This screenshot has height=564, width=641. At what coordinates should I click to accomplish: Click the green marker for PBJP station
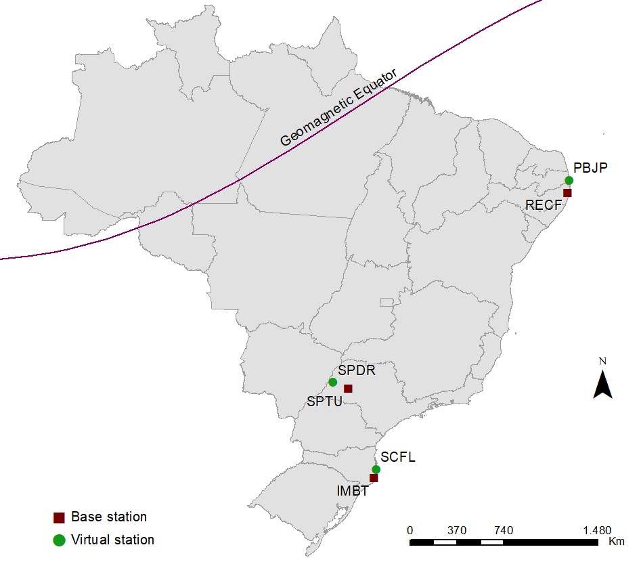click(569, 180)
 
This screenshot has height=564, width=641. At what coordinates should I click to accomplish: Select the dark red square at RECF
click(567, 193)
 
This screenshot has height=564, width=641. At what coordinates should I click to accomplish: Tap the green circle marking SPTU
click(332, 382)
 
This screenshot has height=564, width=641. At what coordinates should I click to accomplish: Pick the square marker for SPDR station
click(348, 389)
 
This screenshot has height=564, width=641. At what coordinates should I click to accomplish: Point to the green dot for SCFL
click(376, 469)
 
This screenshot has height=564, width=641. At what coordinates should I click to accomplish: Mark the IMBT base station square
click(373, 478)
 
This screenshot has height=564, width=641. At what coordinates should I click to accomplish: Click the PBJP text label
click(590, 167)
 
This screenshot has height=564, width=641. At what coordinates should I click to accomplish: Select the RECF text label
click(543, 205)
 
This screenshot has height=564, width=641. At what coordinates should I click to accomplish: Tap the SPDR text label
click(357, 370)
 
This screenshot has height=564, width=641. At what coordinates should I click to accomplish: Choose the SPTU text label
click(324, 402)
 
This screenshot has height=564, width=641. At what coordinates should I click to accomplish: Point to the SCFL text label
click(398, 457)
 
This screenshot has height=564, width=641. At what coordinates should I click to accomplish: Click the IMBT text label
click(352, 491)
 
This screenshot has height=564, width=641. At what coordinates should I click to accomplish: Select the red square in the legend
click(59, 518)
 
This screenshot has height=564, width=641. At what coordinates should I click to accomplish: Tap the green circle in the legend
click(59, 540)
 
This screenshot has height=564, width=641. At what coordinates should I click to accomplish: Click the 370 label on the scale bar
click(457, 530)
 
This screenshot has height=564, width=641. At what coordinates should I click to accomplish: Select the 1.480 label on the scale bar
click(597, 530)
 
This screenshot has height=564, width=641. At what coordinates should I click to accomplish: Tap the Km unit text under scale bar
click(616, 542)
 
